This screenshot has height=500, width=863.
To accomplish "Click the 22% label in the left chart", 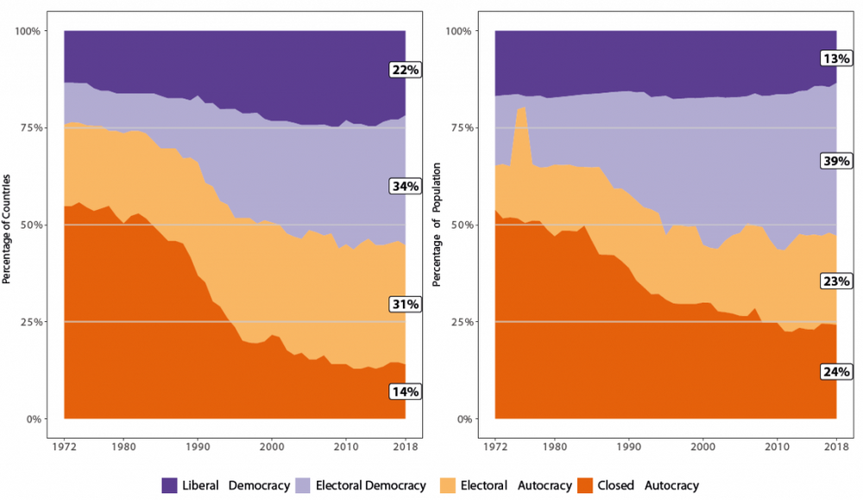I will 405,70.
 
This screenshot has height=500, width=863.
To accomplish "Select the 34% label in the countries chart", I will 405,187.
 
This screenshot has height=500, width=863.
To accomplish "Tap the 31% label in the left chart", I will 405,304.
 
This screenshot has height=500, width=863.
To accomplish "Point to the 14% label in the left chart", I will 405,391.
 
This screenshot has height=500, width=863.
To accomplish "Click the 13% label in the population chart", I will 836,59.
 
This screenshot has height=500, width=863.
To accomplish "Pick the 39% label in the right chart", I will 836,162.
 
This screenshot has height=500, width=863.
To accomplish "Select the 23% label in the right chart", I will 836,281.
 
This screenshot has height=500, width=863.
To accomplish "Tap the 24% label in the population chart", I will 836,371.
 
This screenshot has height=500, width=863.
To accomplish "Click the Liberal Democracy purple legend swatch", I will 175,485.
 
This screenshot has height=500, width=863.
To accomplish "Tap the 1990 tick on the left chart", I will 198,447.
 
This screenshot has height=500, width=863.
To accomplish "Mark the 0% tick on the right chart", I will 464,420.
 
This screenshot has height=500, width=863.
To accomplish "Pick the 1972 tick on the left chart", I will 65,447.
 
